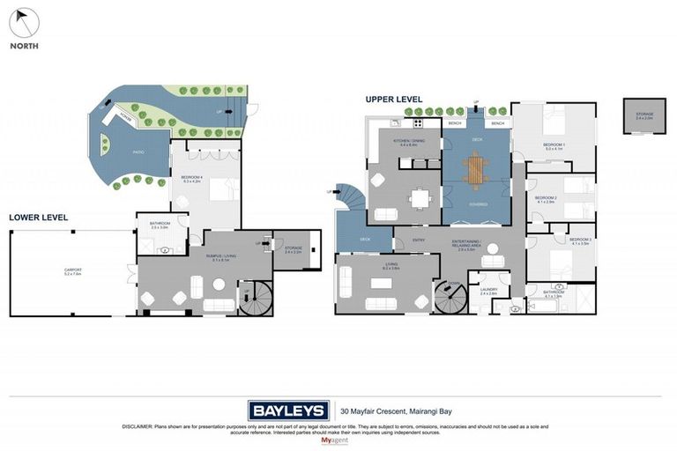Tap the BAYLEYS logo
point(288,410)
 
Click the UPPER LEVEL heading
point(395,100)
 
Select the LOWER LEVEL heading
point(38,217)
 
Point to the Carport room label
point(72,272)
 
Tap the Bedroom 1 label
point(554,147)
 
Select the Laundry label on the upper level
point(488,290)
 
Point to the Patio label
point(138,152)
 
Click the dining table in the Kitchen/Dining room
point(420,199)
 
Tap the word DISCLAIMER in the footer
point(142,426)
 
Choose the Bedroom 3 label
point(579,240)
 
